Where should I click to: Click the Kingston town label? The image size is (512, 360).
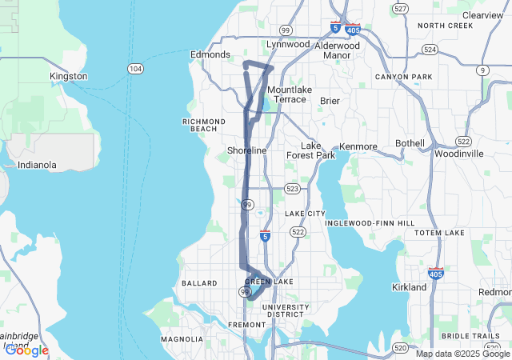tap(68, 76)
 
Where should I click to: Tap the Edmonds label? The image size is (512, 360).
tap(210, 54)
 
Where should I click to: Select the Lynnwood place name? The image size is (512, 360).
tap(287, 45)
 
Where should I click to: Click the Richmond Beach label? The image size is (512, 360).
tap(199, 125)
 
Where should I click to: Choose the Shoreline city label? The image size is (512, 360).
tap(246, 150)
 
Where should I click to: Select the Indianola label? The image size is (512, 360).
tap(38, 165)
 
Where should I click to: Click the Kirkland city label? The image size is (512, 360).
tap(409, 286)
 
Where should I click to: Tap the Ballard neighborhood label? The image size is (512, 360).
tap(199, 283)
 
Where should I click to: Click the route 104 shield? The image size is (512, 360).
tap(136, 70)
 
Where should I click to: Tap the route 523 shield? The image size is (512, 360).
tap(292, 189)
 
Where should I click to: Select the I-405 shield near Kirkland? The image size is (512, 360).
tap(436, 273)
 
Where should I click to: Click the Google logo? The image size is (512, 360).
tap(26, 350)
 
